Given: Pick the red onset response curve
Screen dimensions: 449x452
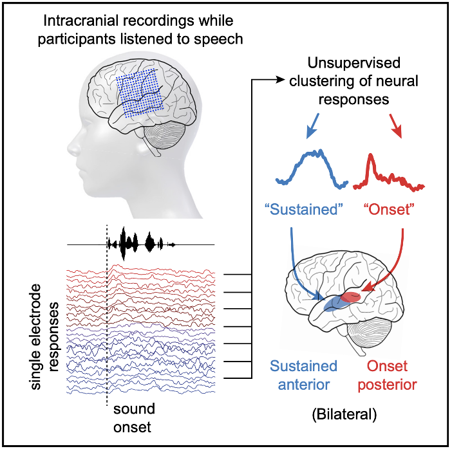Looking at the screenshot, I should (x=393, y=174).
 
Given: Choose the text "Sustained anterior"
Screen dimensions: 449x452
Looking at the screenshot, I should (x=304, y=375).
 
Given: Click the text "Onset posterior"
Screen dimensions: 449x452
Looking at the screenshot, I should (x=392, y=375).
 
